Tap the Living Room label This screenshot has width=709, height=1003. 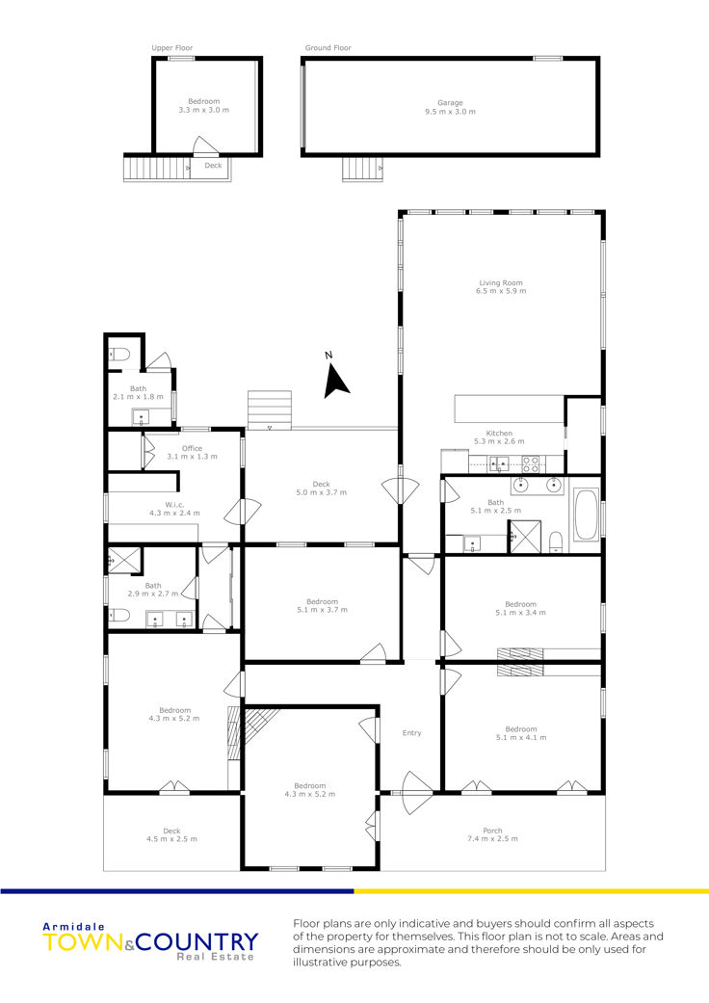point(501,282)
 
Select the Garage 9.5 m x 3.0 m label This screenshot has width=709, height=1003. point(450,107)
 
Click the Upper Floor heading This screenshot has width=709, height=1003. point(172,48)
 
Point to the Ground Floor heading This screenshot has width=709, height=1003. point(328,48)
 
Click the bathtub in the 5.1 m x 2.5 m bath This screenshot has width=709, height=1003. point(587,515)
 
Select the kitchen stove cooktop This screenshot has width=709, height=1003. point(531,463)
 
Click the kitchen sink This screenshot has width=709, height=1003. point(499,463)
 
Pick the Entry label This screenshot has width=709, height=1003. point(411,733)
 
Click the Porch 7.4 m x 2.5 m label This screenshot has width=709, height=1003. point(492,834)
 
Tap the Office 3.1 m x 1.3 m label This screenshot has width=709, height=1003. point(192,452)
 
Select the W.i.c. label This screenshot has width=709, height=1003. point(174,505)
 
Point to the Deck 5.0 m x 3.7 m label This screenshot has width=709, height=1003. point(321,488)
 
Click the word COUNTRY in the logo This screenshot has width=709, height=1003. point(197,942)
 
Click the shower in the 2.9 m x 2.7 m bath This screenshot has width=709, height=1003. point(122,561)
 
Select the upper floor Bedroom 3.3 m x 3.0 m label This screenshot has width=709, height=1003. point(204,106)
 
